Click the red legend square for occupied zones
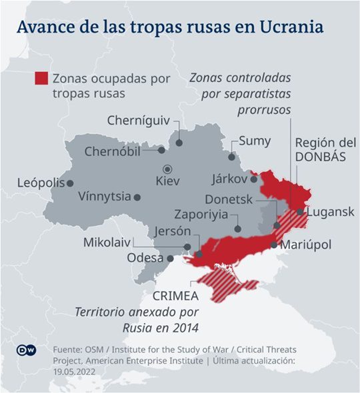tap(41, 79)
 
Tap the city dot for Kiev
tap(168, 169)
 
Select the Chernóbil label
tap(113, 151)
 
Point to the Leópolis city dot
tap(69, 183)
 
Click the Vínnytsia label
tap(104, 197)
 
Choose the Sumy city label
tap(255, 141)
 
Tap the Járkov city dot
tap(254, 179)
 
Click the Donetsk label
tap(229, 199)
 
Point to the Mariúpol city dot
tap(274, 245)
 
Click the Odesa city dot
tap(170, 258)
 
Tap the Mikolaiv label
tap(107, 242)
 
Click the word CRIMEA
tap(175, 295)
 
